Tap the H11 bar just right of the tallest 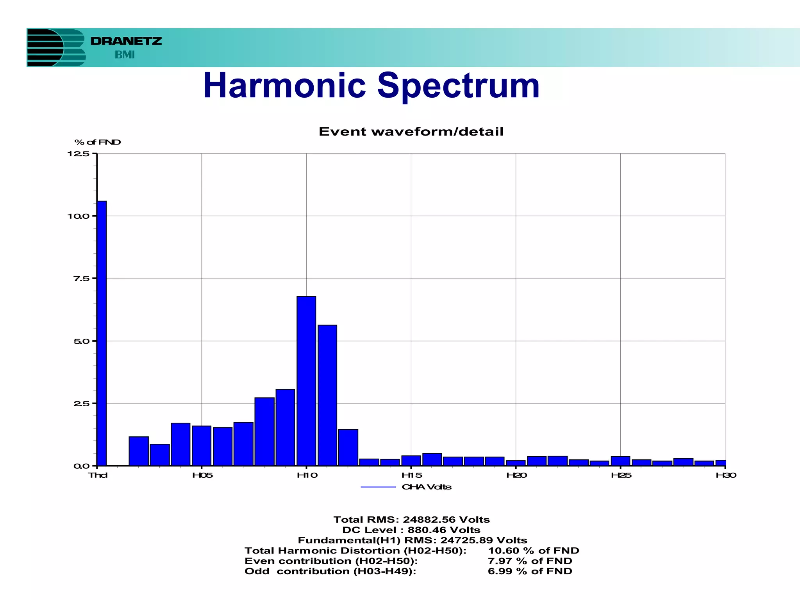pyautogui.click(x=327, y=395)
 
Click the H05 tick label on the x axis pyautogui.click(x=202, y=475)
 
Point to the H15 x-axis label pyautogui.click(x=412, y=475)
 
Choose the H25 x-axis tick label pyautogui.click(x=621, y=475)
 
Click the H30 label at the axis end pyautogui.click(x=726, y=475)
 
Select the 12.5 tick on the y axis pyautogui.click(x=79, y=154)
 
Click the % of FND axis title pyautogui.click(x=98, y=142)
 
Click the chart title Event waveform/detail pyautogui.click(x=411, y=132)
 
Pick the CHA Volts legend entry pyautogui.click(x=426, y=487)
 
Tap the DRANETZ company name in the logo pyautogui.click(x=126, y=41)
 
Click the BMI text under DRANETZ pyautogui.click(x=125, y=55)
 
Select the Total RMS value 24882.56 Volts pyautogui.click(x=446, y=520)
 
